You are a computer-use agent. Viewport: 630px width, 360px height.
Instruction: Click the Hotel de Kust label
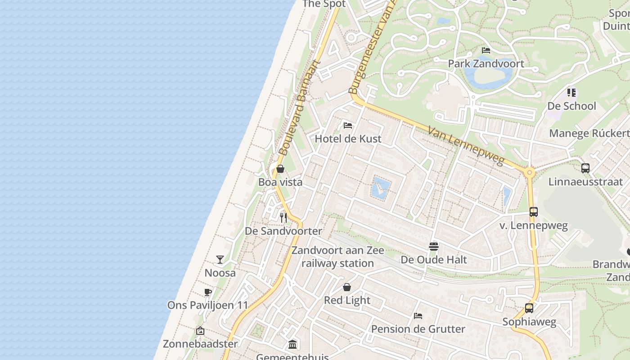click(x=348, y=139)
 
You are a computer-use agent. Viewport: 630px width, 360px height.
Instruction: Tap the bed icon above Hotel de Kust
click(x=347, y=125)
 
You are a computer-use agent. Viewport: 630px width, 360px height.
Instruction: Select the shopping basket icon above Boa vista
click(x=280, y=169)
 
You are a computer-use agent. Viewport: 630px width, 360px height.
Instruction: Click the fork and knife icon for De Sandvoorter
click(x=283, y=217)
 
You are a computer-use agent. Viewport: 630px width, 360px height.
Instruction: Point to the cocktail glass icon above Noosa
click(x=220, y=259)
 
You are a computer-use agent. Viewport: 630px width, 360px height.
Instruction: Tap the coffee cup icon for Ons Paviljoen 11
click(x=208, y=292)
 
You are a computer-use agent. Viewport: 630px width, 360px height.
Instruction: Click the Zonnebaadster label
click(x=200, y=344)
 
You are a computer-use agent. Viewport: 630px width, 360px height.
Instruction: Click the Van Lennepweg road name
click(x=466, y=145)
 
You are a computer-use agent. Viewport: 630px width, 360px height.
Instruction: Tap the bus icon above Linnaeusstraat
click(x=585, y=168)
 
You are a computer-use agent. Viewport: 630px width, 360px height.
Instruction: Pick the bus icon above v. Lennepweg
click(x=534, y=211)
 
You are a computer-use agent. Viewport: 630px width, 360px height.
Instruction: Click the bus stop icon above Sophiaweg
click(x=529, y=308)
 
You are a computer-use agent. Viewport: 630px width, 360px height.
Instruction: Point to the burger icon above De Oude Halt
click(x=434, y=246)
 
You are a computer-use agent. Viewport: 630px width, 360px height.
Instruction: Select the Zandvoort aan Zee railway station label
click(x=337, y=256)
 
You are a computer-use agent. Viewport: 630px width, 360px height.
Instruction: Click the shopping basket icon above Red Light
click(x=347, y=287)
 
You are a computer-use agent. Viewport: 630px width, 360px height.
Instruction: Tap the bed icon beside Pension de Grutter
click(x=418, y=315)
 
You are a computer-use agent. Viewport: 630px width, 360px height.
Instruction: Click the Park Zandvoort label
click(x=486, y=63)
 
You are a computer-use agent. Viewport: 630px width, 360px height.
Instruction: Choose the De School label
click(x=571, y=106)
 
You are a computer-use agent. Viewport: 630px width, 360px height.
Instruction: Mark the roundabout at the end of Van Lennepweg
click(x=530, y=172)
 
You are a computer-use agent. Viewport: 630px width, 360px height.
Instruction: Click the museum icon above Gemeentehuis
click(x=292, y=345)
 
